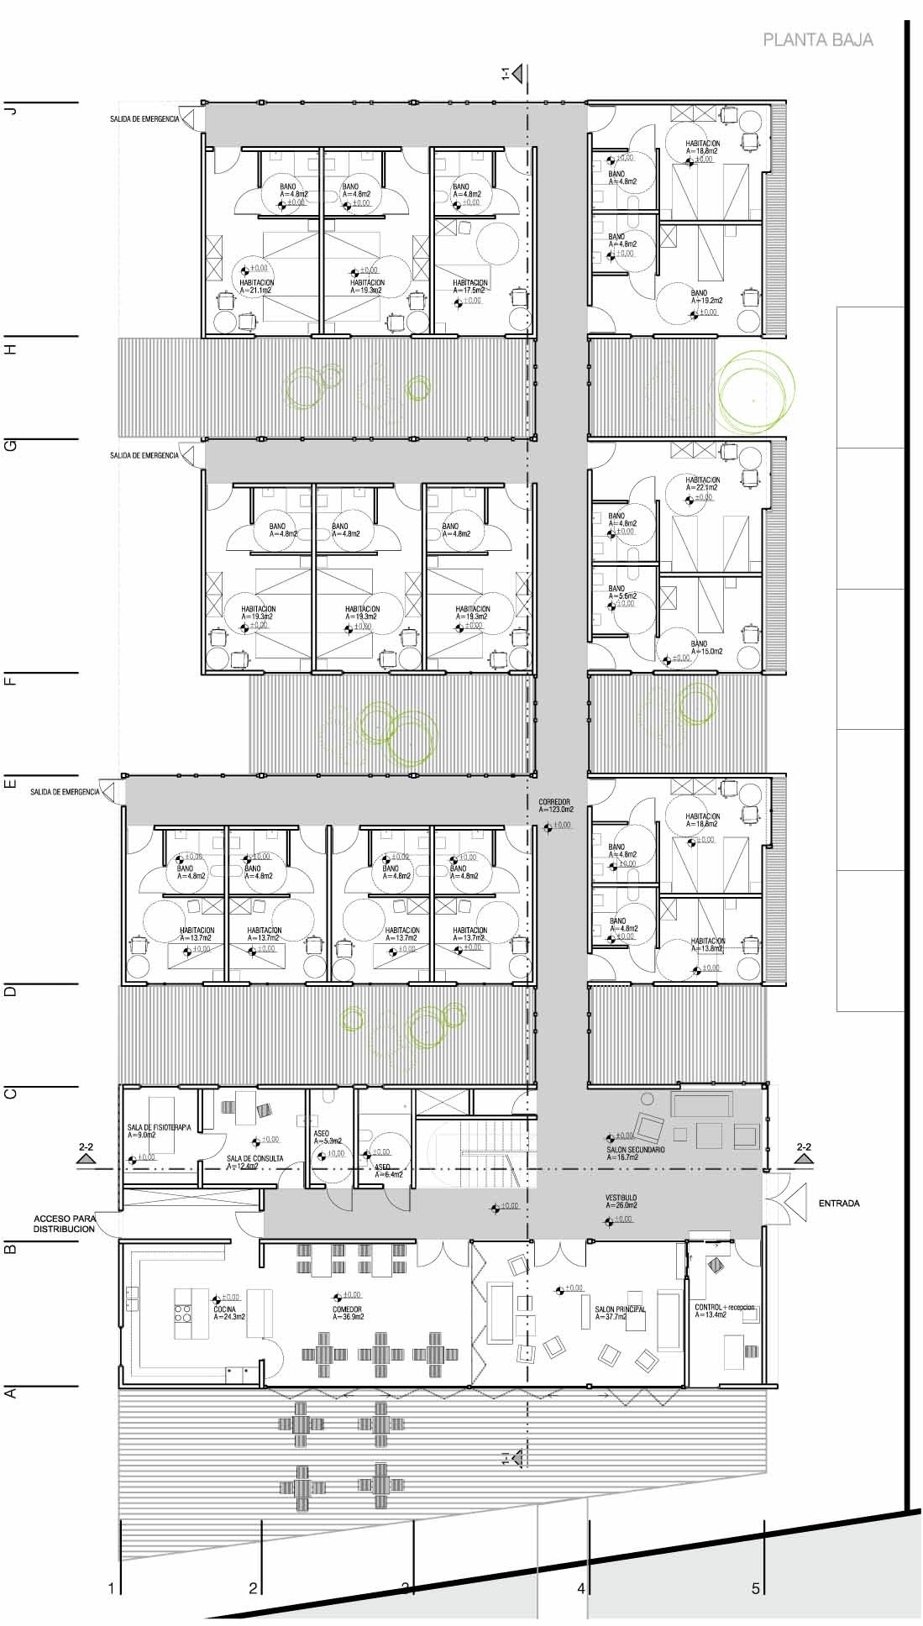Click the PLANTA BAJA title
(817, 39)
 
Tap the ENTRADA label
(838, 1204)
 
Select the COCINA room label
(225, 1309)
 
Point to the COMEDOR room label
(346, 1309)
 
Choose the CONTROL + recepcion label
(725, 1308)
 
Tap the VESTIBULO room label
(621, 1198)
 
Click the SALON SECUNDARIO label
(635, 1149)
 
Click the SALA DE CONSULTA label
(254, 1158)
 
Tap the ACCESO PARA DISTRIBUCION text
(65, 1223)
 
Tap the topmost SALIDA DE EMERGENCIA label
(144, 119)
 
